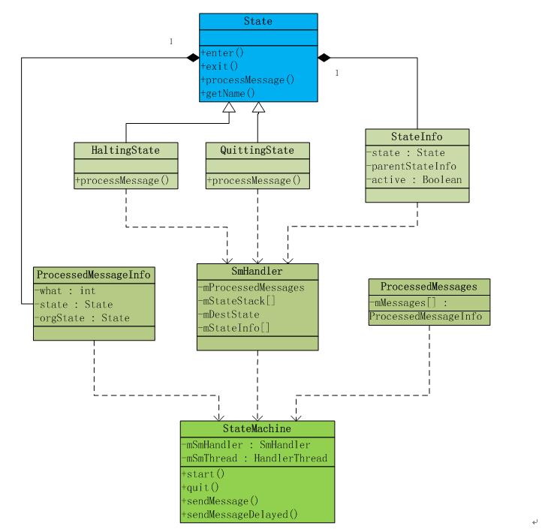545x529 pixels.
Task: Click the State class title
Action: click(x=257, y=22)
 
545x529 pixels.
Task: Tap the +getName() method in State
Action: click(x=227, y=93)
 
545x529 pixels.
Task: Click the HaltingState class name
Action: click(x=126, y=149)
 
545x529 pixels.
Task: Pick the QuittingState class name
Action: click(x=258, y=149)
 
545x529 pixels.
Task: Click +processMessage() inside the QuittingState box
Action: click(x=254, y=180)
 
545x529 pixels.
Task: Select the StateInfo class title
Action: click(x=417, y=137)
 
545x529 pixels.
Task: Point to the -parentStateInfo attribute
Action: click(x=412, y=167)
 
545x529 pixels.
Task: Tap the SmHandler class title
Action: click(x=257, y=272)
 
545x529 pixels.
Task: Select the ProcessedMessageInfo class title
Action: click(x=94, y=275)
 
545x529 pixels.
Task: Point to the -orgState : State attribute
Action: click(x=83, y=318)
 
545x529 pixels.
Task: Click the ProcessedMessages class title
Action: click(x=429, y=287)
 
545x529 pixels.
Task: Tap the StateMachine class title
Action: click(x=257, y=428)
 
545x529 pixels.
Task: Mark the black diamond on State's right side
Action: click(x=324, y=57)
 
